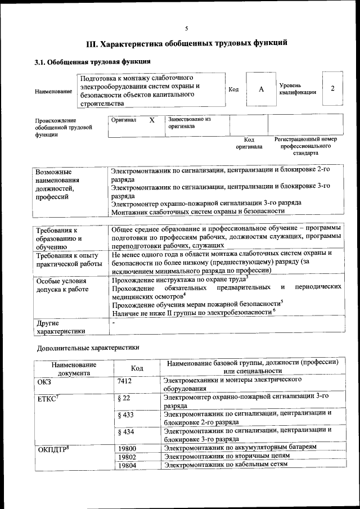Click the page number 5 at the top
pos(187,29)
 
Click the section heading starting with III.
pos(187,43)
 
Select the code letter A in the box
pos(261,89)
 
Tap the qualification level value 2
pos(333,89)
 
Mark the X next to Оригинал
pos(151,120)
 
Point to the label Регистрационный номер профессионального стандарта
pos(305,146)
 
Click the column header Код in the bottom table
pos(137,368)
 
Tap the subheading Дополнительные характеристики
pos(88,348)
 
